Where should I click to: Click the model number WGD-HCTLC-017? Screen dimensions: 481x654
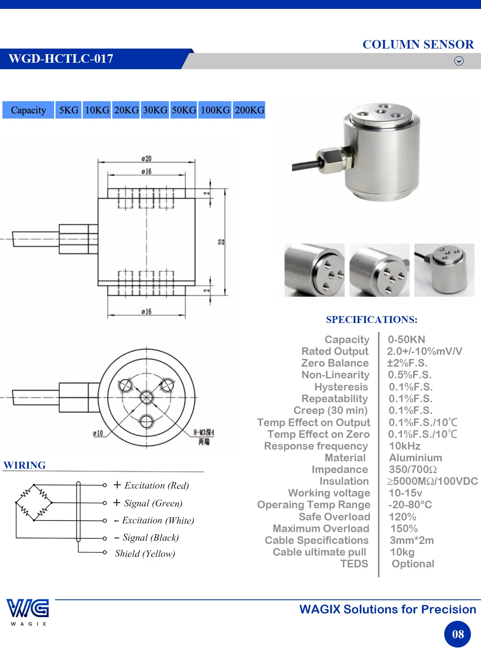click(x=61, y=59)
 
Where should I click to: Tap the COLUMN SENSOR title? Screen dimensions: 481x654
click(x=418, y=45)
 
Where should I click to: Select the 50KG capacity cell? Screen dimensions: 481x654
click(x=184, y=110)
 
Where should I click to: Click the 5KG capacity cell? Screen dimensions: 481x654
click(x=68, y=110)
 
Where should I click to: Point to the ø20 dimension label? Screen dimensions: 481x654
click(x=146, y=159)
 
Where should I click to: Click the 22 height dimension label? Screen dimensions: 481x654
click(x=221, y=242)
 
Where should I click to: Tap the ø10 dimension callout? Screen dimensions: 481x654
click(x=98, y=433)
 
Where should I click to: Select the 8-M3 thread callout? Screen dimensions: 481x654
click(x=204, y=432)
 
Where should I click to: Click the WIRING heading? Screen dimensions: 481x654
click(x=25, y=465)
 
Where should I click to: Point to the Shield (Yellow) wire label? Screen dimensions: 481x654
click(x=145, y=553)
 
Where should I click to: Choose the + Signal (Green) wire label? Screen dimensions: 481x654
click(x=148, y=503)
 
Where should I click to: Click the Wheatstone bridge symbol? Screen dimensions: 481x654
click(x=34, y=503)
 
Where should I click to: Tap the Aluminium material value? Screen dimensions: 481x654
click(x=416, y=457)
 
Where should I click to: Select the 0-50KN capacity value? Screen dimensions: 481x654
click(x=406, y=339)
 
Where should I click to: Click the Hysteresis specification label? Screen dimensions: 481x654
click(x=341, y=387)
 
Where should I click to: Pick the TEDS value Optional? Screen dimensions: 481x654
click(x=413, y=564)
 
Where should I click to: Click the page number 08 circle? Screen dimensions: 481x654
click(x=458, y=634)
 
